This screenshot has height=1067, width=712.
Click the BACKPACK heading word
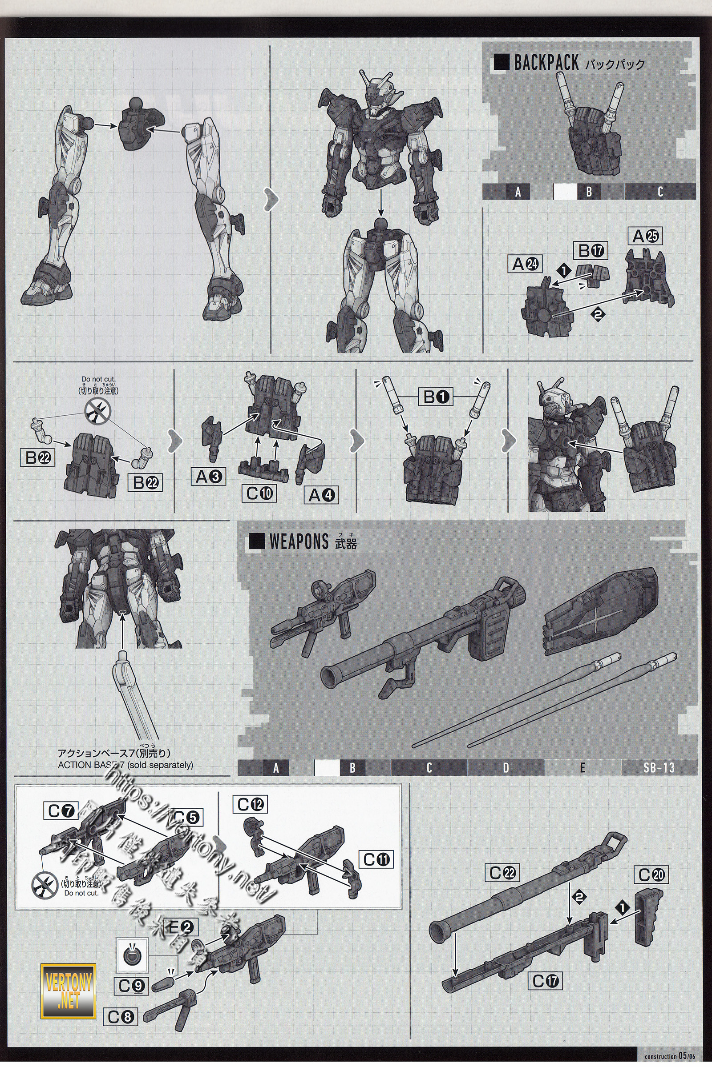point(546,63)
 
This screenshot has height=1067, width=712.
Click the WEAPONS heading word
point(298,542)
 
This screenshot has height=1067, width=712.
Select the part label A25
point(645,237)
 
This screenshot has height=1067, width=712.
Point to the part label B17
point(590,251)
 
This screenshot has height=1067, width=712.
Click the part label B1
point(436,397)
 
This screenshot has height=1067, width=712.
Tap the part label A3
point(208,476)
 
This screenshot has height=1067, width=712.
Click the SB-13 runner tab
point(659,768)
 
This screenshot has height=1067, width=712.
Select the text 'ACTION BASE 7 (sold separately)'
point(125,765)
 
